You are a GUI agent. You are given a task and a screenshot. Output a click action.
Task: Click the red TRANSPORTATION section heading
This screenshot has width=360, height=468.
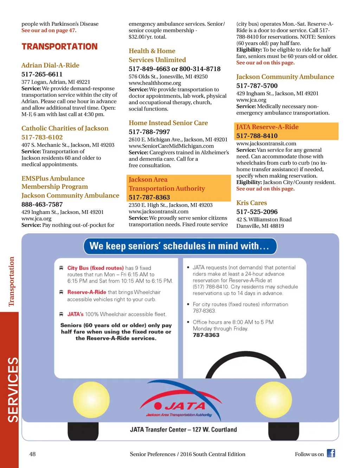[x=59, y=46]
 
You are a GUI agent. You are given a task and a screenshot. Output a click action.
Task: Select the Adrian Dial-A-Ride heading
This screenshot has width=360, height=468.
[x=50, y=65]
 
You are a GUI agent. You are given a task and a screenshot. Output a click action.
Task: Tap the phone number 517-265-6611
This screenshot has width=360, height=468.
[x=42, y=74]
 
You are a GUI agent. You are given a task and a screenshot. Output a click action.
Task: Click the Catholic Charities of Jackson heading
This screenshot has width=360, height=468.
[x=65, y=128]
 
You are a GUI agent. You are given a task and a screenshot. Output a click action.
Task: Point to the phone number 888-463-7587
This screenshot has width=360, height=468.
[x=42, y=204]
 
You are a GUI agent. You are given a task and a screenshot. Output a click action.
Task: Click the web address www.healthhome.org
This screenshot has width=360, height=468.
[x=155, y=83]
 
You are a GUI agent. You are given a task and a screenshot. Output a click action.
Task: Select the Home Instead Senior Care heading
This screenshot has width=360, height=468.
[x=168, y=123]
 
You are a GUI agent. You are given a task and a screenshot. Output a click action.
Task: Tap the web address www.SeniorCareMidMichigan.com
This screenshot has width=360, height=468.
[x=171, y=146]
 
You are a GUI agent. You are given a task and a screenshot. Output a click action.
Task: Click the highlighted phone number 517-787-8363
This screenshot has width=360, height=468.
[x=149, y=197]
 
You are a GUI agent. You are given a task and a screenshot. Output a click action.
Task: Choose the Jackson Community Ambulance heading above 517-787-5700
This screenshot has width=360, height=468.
[x=285, y=77]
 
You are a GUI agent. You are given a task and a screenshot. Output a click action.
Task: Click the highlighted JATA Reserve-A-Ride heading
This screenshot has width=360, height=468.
[x=267, y=127]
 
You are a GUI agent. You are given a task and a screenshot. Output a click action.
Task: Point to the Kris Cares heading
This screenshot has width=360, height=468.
[x=251, y=203]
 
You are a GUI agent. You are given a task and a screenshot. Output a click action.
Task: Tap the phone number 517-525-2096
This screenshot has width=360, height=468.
[x=257, y=212]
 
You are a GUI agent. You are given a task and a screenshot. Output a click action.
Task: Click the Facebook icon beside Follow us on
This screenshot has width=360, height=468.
[x=331, y=453]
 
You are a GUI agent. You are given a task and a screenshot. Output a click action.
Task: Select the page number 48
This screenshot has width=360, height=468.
[x=32, y=454]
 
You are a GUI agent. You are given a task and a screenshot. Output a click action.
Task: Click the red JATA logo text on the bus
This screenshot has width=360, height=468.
[x=185, y=406]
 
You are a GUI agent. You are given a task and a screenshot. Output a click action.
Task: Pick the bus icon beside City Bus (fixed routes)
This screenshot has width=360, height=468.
[x=61, y=268]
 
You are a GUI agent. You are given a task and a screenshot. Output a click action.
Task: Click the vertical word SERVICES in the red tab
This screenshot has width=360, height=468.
[x=13, y=390]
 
